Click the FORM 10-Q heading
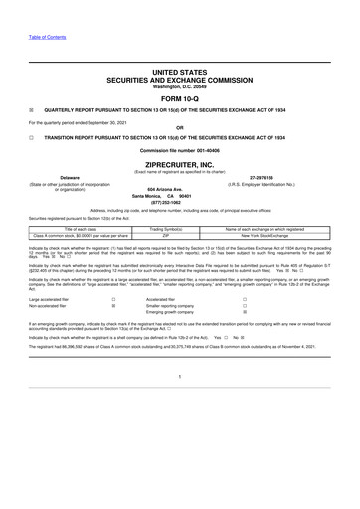[179, 100]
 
